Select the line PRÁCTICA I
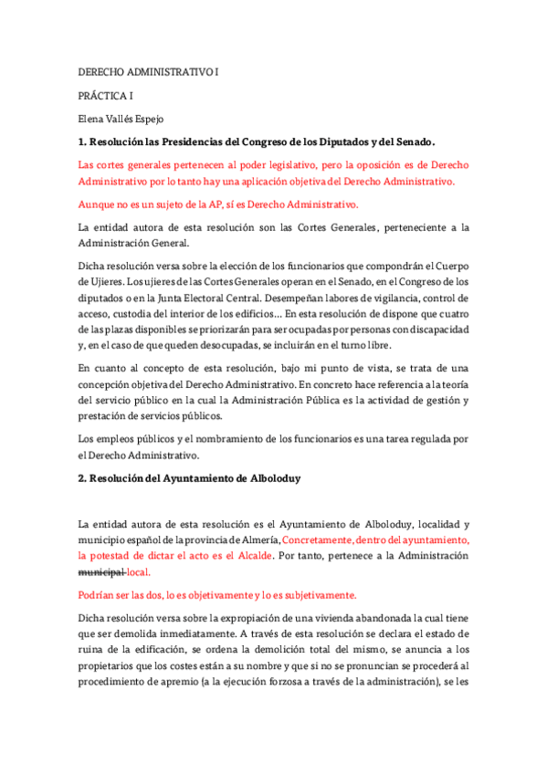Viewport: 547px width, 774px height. click(x=105, y=94)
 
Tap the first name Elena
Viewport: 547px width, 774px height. click(x=93, y=118)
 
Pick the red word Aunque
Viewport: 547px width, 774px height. click(x=99, y=204)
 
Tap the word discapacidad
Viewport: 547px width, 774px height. click(x=435, y=328)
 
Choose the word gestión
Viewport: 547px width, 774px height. click(x=435, y=399)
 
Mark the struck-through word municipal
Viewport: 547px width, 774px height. click(x=101, y=570)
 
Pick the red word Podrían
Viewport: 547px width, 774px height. click(x=100, y=593)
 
